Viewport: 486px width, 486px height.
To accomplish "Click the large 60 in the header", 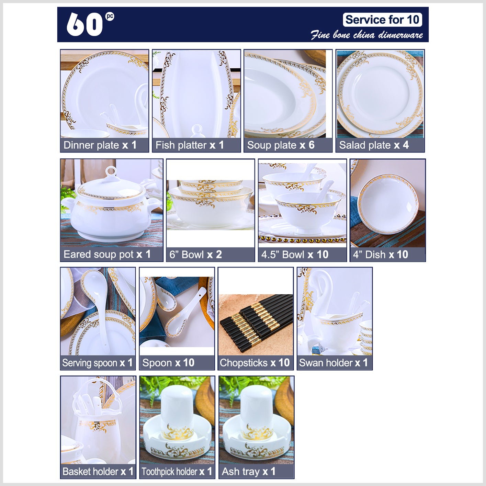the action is (85, 24).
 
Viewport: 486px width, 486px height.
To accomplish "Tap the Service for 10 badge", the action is (382, 20).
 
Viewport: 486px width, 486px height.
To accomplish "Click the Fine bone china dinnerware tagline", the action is (367, 35).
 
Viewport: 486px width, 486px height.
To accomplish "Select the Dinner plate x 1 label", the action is (100, 145).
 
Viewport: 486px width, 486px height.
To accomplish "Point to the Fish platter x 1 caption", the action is (189, 145).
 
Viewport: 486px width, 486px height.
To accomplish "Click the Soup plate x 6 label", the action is (281, 145).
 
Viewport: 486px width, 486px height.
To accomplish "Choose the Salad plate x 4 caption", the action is (374, 145).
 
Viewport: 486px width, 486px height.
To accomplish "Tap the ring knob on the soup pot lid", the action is (111, 172).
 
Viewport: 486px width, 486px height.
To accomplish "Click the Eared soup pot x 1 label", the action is (107, 254).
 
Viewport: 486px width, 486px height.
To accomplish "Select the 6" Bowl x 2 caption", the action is (195, 255).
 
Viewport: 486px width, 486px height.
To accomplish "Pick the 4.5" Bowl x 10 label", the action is (295, 255).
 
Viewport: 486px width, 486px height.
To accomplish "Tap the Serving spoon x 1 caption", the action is (97, 363).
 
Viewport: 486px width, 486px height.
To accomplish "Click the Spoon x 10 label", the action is (168, 363).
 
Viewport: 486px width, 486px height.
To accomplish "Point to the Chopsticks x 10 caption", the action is (255, 363).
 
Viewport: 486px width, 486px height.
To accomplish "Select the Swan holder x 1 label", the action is (333, 363).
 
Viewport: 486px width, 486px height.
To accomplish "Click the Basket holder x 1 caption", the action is (98, 471).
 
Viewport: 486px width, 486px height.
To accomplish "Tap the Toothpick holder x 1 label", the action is (177, 471).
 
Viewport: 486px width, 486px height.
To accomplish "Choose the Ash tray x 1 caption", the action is (248, 471).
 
